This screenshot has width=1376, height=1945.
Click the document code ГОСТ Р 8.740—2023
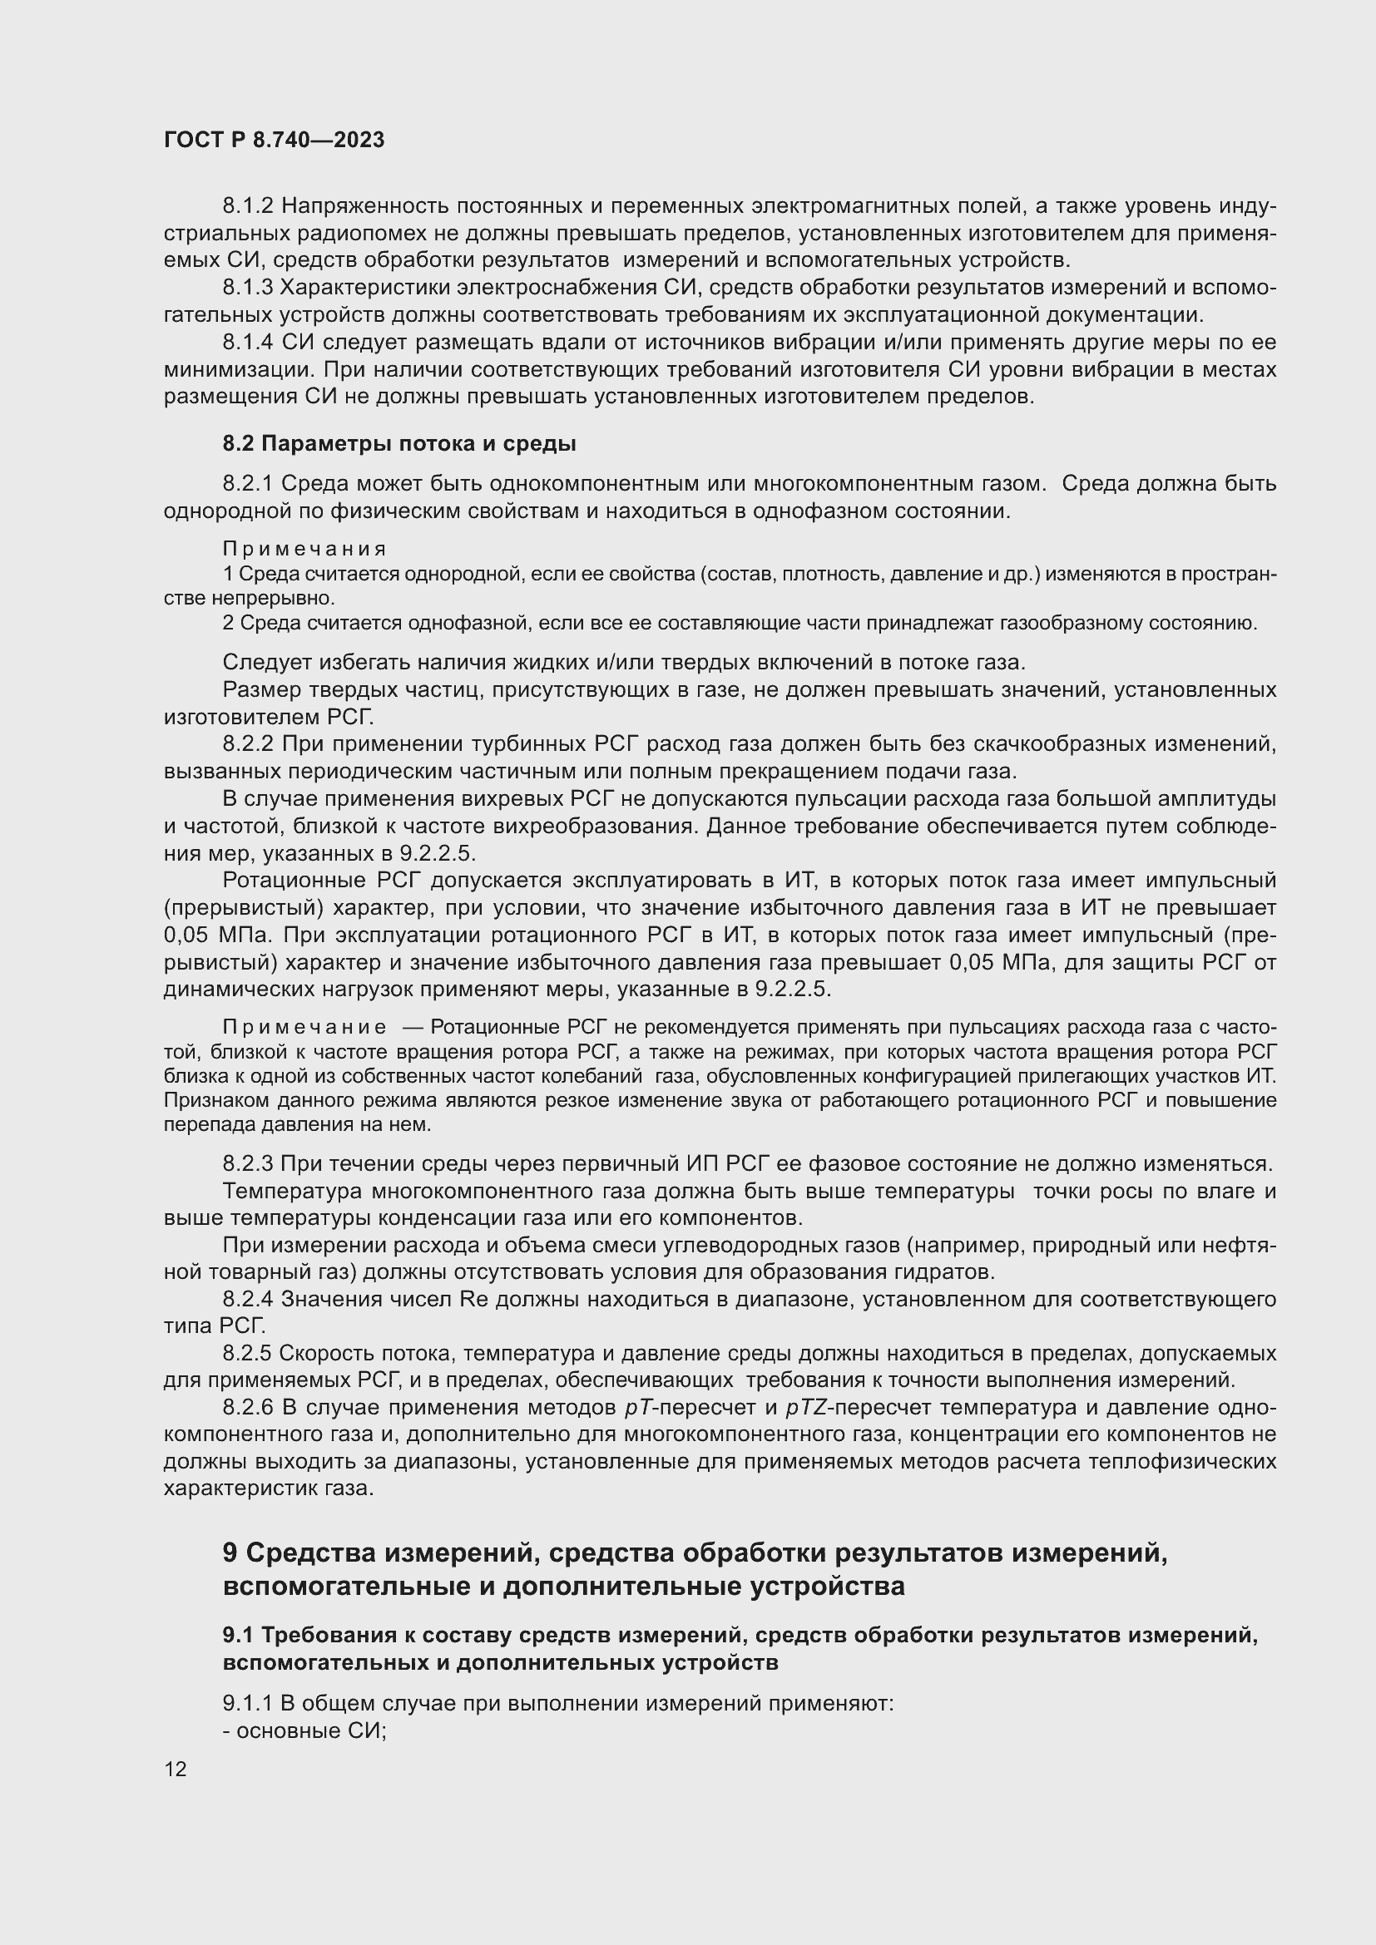[274, 140]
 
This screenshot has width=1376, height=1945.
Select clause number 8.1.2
[248, 206]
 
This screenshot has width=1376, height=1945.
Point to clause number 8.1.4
[248, 343]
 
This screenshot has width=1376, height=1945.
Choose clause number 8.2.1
[248, 484]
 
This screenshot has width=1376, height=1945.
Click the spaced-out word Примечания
[304, 549]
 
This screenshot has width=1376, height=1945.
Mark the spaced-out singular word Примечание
[304, 1028]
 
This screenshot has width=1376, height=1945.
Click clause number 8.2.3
[248, 1163]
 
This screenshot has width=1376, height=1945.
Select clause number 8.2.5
[248, 1353]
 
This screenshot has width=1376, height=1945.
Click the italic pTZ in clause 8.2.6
[804, 1407]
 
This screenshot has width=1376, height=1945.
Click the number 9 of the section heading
[230, 1553]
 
